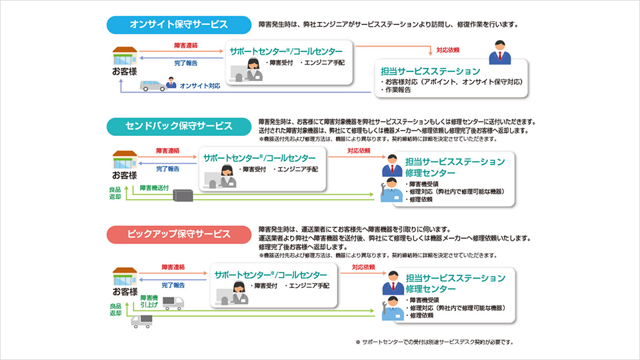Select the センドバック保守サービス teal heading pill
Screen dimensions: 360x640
(179, 126)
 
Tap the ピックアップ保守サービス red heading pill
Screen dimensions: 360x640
(179, 234)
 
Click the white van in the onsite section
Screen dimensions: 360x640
(153, 85)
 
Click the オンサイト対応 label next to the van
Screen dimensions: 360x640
(199, 86)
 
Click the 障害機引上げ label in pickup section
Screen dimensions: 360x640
(149, 301)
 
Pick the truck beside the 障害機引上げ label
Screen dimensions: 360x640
(173, 303)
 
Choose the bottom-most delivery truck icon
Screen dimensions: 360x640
(141, 321)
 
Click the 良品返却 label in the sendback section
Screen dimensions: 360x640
(116, 193)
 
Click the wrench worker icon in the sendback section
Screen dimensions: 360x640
(392, 190)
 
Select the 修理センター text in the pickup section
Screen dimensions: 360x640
(430, 289)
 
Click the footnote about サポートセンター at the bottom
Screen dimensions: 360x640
(435, 341)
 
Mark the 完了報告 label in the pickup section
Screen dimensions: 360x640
(173, 285)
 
